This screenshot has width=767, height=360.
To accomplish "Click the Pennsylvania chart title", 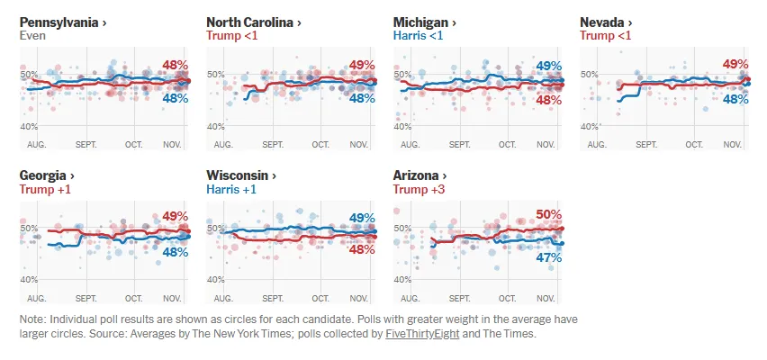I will (63, 22).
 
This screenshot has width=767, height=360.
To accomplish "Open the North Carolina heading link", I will (253, 22).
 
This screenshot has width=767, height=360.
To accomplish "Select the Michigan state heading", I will (426, 22).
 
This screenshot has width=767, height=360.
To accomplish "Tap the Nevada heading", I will (606, 22).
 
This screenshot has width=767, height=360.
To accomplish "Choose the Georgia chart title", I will (46, 175).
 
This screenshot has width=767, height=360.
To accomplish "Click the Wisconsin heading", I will (241, 175).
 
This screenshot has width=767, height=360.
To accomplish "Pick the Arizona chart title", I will (420, 175).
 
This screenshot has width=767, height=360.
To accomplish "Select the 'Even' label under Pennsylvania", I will (32, 36).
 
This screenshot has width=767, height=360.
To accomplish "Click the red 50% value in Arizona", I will (548, 214).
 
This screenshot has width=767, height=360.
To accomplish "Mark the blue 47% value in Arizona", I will (548, 257).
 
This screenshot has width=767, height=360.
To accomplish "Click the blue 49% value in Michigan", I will (548, 66).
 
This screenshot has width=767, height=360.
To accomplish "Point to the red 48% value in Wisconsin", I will (362, 250).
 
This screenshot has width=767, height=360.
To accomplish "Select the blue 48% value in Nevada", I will (735, 98).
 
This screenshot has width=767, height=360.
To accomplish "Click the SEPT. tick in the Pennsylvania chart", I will (86, 144).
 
